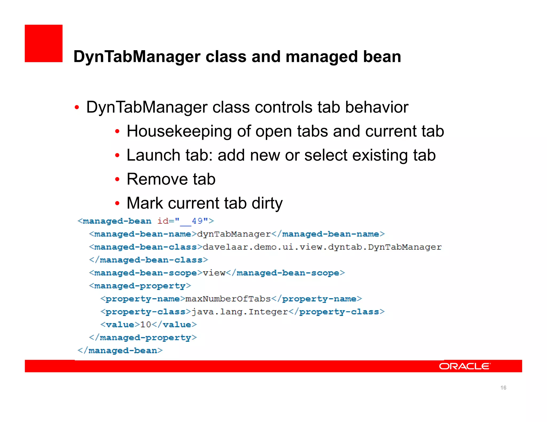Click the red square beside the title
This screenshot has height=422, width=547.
pyautogui.click(x=44, y=43)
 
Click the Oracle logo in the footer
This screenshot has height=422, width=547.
pyautogui.click(x=464, y=366)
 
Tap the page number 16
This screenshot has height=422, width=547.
pyautogui.click(x=503, y=388)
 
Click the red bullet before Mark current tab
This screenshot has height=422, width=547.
pyautogui.click(x=117, y=204)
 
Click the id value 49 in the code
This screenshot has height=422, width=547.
pyautogui.click(x=197, y=221)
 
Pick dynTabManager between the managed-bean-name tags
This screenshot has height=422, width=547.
pyautogui.click(x=234, y=234)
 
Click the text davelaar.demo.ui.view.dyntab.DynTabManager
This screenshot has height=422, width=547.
pyautogui.click(x=322, y=247)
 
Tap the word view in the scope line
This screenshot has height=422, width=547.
pyautogui.click(x=214, y=273)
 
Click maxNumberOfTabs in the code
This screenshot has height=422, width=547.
pyautogui.click(x=228, y=299)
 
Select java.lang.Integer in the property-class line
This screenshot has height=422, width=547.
pyautogui.click(x=240, y=312)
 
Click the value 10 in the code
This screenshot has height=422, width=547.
pyautogui.click(x=146, y=325)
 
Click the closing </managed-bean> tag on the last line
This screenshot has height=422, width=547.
pyautogui.click(x=120, y=351)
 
